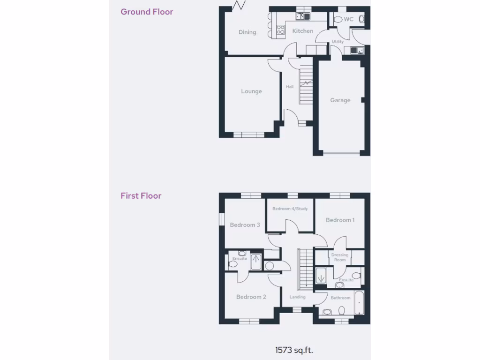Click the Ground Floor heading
click(x=147, y=12)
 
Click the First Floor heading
click(x=141, y=196)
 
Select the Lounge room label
click(x=251, y=91)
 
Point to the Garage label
click(x=340, y=100)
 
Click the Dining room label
click(x=247, y=32)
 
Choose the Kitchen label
click(x=303, y=31)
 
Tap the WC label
click(x=349, y=20)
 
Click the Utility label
click(x=337, y=42)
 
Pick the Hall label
click(x=290, y=87)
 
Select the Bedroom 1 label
click(x=340, y=220)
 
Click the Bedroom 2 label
click(x=251, y=297)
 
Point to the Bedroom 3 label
click(x=245, y=225)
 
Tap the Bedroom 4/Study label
click(x=290, y=209)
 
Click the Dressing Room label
click(x=340, y=257)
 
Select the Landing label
click(x=297, y=297)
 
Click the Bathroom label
click(x=341, y=298)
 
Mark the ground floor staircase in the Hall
click(x=306, y=86)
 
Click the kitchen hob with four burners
click(x=281, y=30)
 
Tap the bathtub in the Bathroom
click(x=359, y=303)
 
